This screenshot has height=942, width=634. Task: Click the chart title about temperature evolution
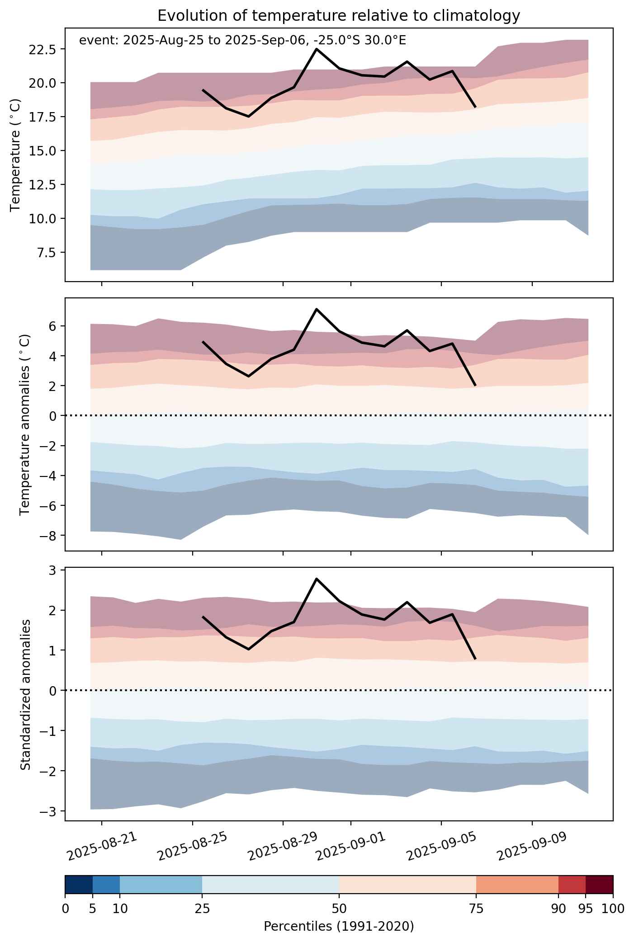[339, 16]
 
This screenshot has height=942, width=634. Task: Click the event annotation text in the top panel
[242, 41]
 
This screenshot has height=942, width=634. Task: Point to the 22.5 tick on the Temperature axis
[42, 49]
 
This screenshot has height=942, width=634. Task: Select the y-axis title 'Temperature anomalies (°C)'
[25, 424]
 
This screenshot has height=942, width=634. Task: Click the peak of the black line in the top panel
[317, 49]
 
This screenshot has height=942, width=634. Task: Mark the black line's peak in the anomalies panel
[317, 309]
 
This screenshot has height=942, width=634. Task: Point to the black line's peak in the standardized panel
[317, 579]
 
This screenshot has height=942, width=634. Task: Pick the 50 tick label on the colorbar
[339, 909]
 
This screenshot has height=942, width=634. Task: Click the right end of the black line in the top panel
[475, 107]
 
